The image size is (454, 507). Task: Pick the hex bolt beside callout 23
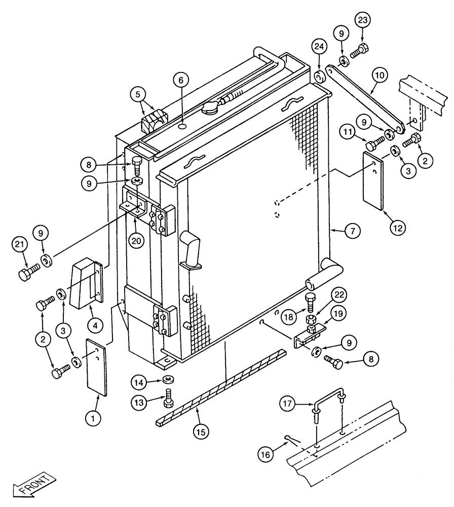(359, 51)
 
